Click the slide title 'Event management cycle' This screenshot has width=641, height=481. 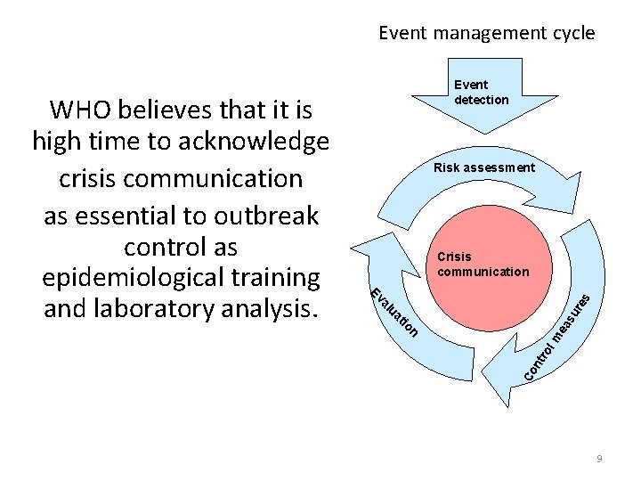click(486, 33)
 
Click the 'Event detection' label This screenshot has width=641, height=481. click(481, 93)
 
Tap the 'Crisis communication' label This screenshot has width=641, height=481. click(483, 265)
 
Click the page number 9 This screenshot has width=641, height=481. click(599, 458)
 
